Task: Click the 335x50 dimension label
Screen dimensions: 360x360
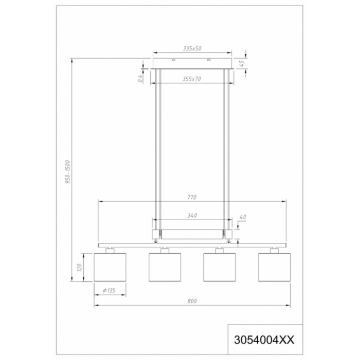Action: (192, 48)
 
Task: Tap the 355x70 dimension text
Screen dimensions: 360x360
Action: (192, 79)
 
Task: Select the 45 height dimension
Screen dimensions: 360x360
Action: (241, 63)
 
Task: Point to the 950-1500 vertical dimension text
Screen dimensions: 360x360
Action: (68, 172)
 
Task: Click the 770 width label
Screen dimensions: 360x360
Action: (192, 197)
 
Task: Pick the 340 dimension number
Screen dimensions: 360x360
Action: (192, 215)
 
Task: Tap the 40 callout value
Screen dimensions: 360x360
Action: (243, 217)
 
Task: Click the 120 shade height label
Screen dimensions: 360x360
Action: (79, 267)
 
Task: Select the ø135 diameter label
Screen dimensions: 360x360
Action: (109, 291)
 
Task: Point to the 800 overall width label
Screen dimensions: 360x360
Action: (192, 301)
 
